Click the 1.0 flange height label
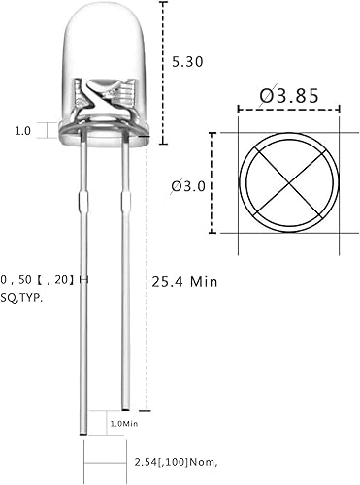pyautogui.click(x=22, y=129)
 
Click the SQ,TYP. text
pyautogui.click(x=21, y=298)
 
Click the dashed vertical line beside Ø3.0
pyautogui.click(x=213, y=184)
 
